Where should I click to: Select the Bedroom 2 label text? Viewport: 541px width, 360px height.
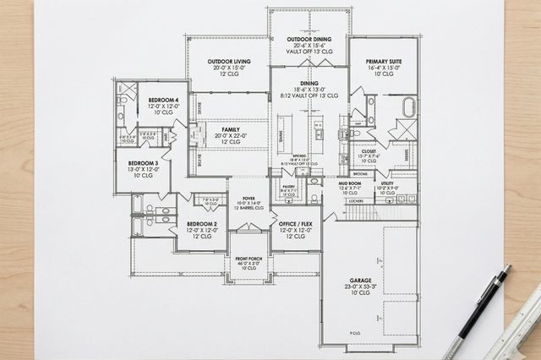pos(202,225)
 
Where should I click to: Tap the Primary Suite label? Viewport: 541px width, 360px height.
pos(383,63)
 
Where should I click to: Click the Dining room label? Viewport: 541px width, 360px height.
pos(309,84)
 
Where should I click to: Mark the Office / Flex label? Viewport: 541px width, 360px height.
pos(295,225)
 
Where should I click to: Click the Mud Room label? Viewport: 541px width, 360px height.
pos(350,183)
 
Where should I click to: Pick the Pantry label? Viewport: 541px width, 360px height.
pos(288,187)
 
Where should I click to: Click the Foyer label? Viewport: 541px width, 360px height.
pos(248,199)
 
